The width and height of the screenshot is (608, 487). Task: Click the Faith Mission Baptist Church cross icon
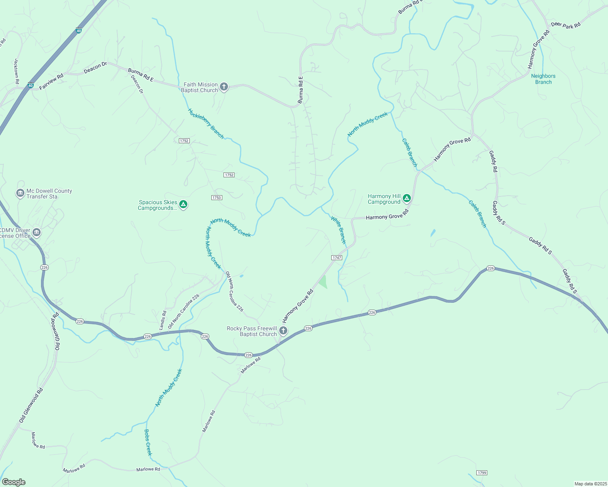pyautogui.click(x=224, y=86)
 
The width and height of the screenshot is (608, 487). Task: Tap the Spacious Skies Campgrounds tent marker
pyautogui.click(x=183, y=204)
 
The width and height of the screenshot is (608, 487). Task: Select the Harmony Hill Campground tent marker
pyautogui.click(x=406, y=198)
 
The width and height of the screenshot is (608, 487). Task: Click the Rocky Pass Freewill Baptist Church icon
pyautogui.click(x=283, y=331)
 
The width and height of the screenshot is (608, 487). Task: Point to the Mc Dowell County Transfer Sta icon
pyautogui.click(x=20, y=193)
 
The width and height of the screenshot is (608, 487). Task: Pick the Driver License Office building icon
pyautogui.click(x=37, y=233)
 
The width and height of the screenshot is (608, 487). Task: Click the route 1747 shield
pyautogui.click(x=337, y=258)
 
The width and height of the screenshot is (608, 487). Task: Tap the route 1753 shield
pyautogui.click(x=217, y=198)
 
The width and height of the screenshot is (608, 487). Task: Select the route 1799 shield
pyautogui.click(x=482, y=473)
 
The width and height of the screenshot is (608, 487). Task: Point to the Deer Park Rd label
pyautogui.click(x=566, y=25)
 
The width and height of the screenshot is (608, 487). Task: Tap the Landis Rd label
pyautogui.click(x=163, y=320)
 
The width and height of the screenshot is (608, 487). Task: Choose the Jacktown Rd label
pyautogui.click(x=17, y=71)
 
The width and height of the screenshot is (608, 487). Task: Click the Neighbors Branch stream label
pyautogui.click(x=543, y=79)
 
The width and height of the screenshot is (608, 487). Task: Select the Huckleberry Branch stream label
pyautogui.click(x=206, y=123)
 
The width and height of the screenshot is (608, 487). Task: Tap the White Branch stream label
pyautogui.click(x=338, y=230)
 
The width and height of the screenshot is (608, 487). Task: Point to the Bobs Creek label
pyautogui.click(x=148, y=442)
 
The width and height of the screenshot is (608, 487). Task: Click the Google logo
pyautogui.click(x=14, y=482)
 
